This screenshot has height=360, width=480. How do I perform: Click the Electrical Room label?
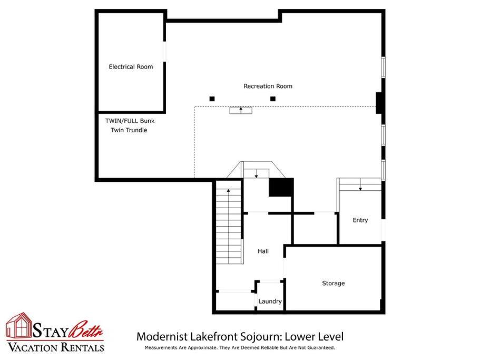131,67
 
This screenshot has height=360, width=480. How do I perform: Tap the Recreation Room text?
268,86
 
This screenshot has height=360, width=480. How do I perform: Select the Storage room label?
334,284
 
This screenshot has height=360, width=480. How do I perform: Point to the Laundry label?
270,301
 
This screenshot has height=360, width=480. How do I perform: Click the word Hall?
263,251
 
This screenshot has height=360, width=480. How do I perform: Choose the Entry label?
360,220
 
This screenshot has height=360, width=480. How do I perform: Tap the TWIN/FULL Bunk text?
130,121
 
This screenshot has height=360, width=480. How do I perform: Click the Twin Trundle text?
129,130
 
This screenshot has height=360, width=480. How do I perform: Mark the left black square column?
212,99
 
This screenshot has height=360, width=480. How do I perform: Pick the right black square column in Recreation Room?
273,99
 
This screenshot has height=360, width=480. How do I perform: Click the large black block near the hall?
281,187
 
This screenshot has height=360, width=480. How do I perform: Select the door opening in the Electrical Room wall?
164,52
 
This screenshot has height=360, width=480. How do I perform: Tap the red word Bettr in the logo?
86,330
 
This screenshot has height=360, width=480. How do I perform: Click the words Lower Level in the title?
314,337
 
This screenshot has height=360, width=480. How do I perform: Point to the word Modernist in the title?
162,337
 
